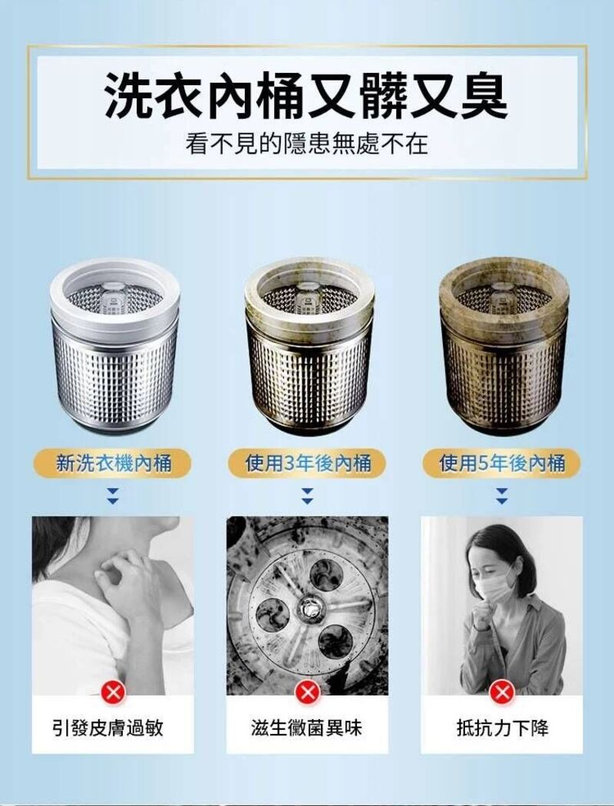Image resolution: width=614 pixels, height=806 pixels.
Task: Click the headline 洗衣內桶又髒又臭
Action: [306, 95]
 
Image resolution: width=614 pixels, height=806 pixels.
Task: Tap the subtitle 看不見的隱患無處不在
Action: [306, 144]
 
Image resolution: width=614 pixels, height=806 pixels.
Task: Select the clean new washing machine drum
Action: [113, 345]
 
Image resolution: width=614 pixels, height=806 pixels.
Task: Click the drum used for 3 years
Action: [309, 345]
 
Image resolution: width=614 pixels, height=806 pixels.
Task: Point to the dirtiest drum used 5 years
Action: [504, 345]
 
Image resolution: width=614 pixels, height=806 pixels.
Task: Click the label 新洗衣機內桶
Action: [113, 463]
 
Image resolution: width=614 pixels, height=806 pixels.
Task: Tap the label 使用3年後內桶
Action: [307, 463]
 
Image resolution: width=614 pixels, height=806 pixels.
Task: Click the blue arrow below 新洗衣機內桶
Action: [113, 496]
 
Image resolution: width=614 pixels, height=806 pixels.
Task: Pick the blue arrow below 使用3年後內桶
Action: [307, 496]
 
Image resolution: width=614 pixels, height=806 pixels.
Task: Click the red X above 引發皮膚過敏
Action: [113, 694]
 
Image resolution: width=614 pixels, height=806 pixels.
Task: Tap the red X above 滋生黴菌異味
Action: [307, 694]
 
